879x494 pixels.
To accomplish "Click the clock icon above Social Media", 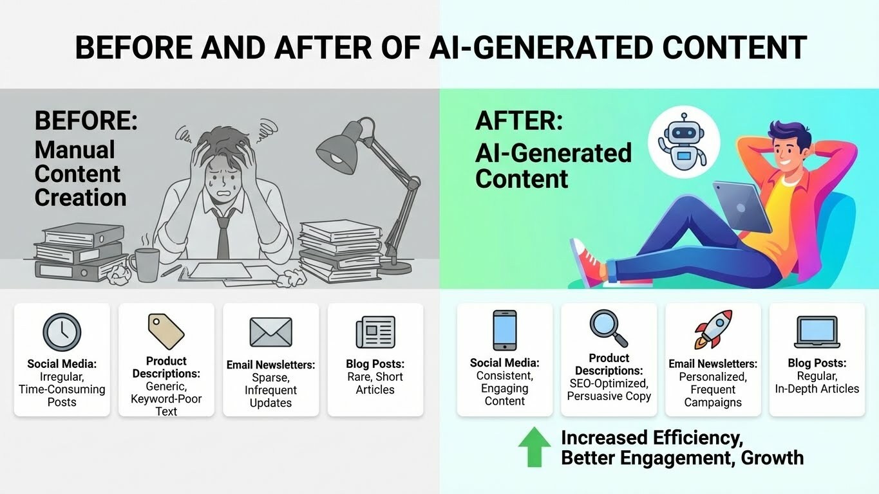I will click(62, 333).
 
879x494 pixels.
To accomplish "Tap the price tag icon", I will click(166, 331).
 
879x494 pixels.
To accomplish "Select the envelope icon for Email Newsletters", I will click(270, 333).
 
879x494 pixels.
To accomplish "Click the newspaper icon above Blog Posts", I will click(375, 333).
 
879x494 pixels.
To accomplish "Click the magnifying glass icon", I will click(609, 328).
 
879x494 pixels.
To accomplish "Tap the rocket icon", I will click(713, 329).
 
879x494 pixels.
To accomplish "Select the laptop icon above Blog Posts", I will click(817, 332).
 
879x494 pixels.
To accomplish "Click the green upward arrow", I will click(534, 446).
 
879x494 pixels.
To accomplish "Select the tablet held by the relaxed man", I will click(742, 206).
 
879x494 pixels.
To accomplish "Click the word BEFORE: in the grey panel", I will click(86, 120).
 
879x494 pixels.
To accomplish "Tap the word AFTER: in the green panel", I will click(518, 121).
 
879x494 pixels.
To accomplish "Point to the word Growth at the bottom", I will click(772, 458).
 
